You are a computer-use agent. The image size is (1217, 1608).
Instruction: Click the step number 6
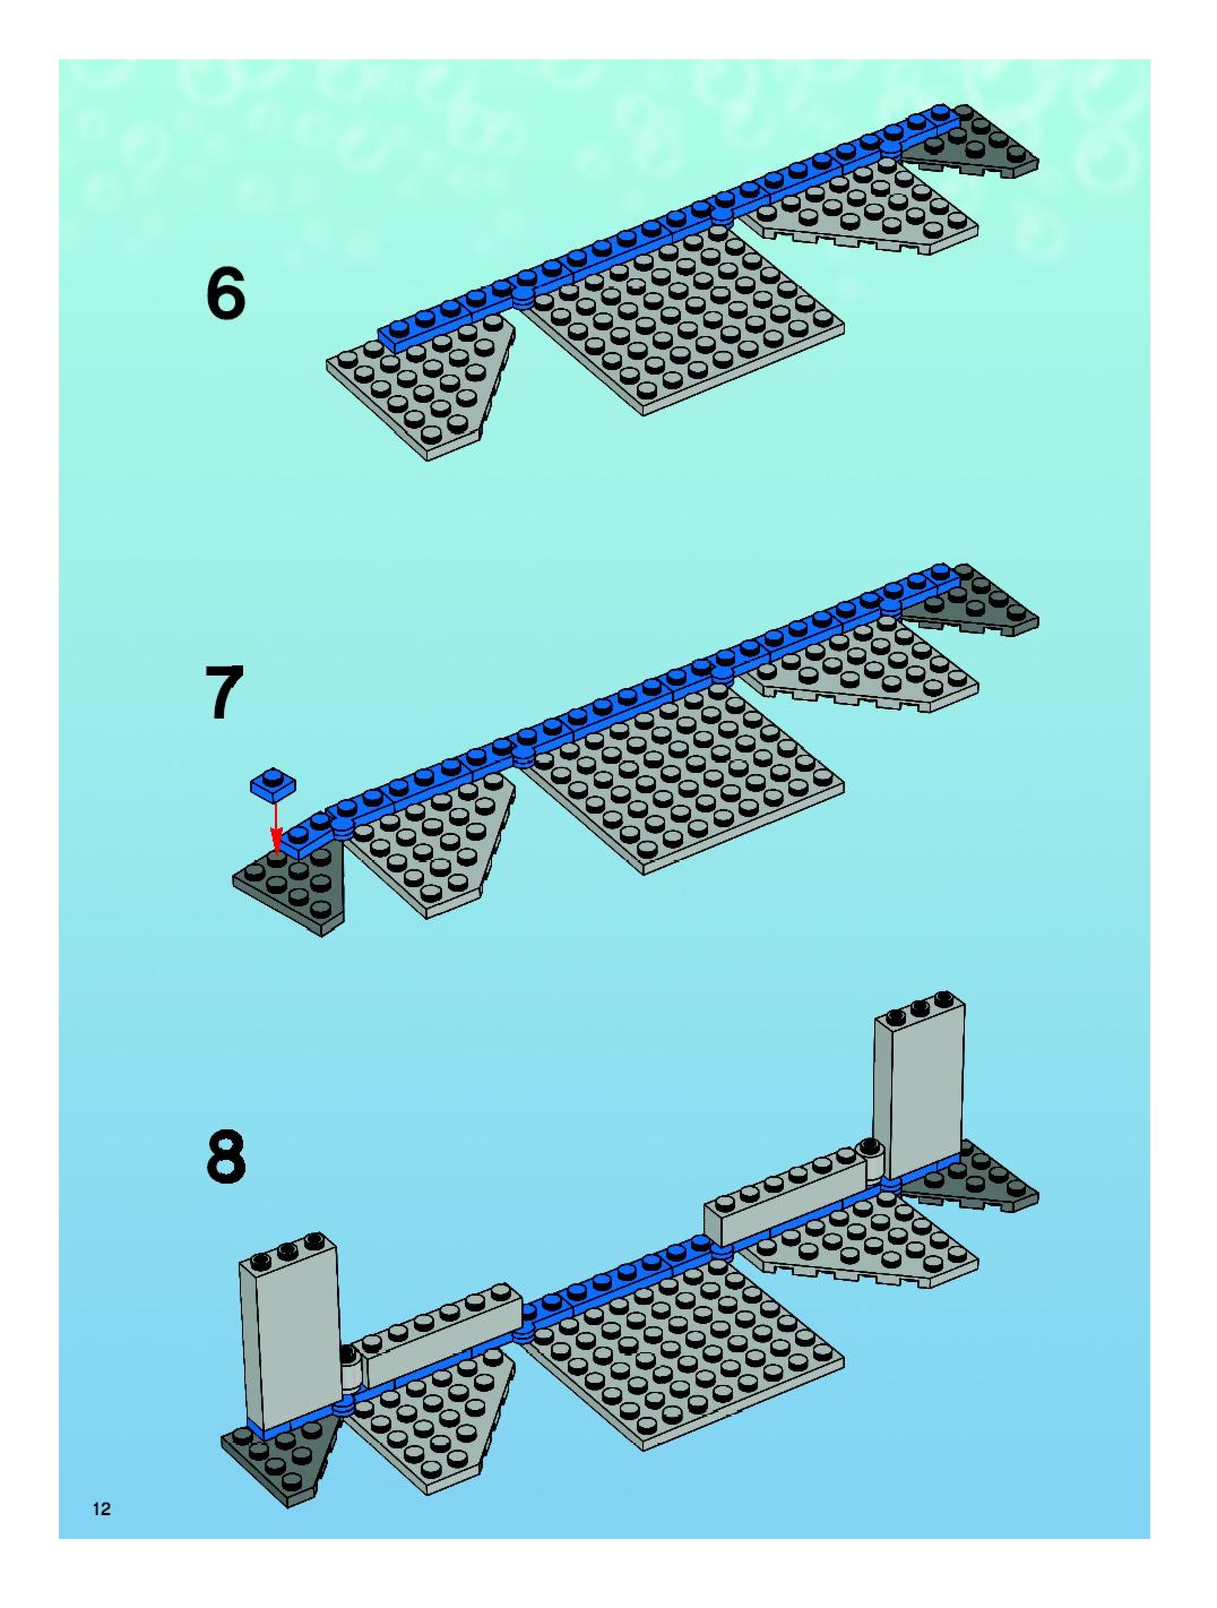point(226,294)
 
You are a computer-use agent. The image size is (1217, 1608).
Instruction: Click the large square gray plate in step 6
point(683,320)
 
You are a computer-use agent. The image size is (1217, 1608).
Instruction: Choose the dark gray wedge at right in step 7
point(977,607)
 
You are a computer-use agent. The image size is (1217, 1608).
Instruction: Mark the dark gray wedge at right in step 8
point(981,1181)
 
